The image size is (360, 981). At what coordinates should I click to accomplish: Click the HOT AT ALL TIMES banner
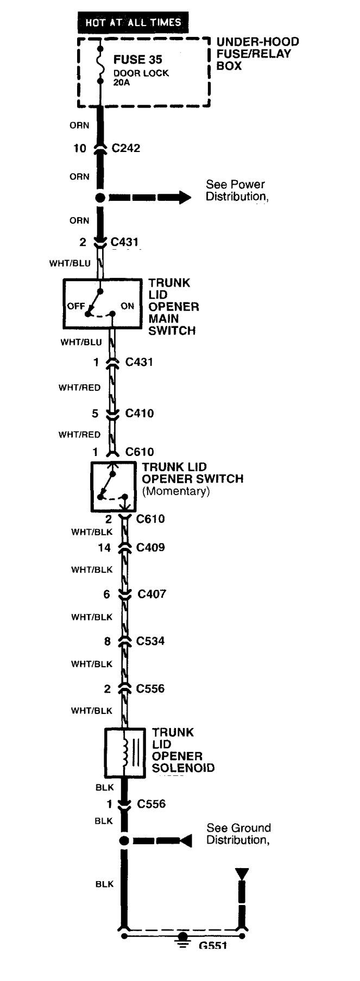click(x=132, y=22)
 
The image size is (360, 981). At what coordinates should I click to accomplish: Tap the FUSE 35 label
click(x=137, y=60)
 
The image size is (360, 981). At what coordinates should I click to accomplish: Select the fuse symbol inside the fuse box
click(x=100, y=65)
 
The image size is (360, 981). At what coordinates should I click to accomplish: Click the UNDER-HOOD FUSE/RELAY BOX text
click(x=257, y=54)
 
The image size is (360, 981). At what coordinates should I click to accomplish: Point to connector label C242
click(x=126, y=148)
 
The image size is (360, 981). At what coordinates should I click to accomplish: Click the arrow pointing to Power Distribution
click(x=150, y=197)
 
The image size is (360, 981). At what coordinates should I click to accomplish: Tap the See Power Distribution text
click(x=237, y=191)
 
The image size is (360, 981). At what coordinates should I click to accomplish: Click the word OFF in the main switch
click(x=76, y=306)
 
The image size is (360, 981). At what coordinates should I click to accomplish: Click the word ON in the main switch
click(x=128, y=306)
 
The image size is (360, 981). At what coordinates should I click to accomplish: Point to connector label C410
click(x=140, y=413)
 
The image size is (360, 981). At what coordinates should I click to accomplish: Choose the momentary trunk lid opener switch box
click(x=113, y=486)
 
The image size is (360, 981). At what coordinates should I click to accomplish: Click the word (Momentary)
click(x=176, y=491)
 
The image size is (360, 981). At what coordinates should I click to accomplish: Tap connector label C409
click(x=150, y=547)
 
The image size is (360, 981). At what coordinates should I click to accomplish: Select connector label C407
click(x=151, y=594)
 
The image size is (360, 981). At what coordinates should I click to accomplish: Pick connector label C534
click(x=150, y=641)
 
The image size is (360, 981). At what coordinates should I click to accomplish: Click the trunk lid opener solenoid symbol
click(x=125, y=752)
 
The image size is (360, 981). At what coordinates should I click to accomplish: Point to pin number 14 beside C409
click(x=104, y=548)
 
